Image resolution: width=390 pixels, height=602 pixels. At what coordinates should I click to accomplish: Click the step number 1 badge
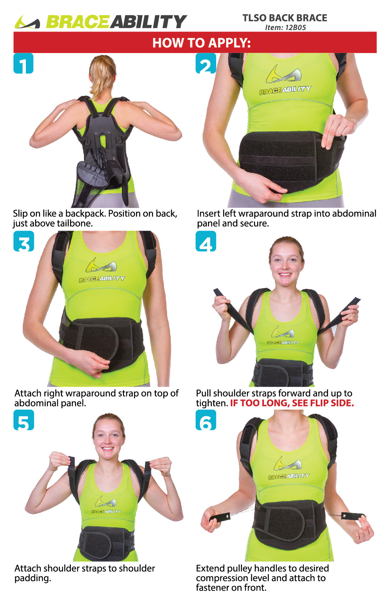(x=23, y=63)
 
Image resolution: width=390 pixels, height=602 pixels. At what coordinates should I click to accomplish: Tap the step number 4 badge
(x=206, y=241)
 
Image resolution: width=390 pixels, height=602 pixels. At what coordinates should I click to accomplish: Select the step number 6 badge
(x=206, y=420)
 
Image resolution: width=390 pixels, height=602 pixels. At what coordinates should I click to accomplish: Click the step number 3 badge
(x=24, y=241)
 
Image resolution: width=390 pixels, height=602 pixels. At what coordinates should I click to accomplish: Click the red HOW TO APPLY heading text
(x=201, y=43)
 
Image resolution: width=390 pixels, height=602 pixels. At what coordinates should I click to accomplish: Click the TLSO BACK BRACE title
(x=285, y=18)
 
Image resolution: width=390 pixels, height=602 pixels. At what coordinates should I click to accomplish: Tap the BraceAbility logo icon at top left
(x=27, y=22)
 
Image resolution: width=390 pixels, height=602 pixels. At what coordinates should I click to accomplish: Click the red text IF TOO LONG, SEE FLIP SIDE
(x=292, y=403)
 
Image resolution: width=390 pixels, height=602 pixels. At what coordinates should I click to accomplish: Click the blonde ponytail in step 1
(x=101, y=76)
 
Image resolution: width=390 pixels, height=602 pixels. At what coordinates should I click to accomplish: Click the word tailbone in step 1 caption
(x=75, y=223)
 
